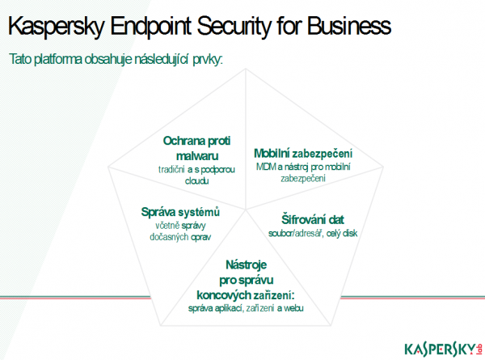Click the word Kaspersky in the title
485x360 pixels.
coord(56,26)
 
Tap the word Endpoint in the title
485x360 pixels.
coord(150,26)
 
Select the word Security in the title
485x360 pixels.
coord(234,26)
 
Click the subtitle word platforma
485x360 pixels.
coord(58,59)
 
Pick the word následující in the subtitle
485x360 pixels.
coord(162,59)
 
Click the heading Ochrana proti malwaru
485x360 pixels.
coord(196,148)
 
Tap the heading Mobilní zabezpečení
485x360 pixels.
coord(303,154)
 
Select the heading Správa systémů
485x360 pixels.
coord(180,212)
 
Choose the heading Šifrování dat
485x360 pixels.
coord(313,220)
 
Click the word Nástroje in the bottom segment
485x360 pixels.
coord(247,265)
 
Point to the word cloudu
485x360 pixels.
coord(196,180)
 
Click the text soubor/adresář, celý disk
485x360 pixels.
coord(313,234)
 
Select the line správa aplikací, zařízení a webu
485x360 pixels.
coord(246,308)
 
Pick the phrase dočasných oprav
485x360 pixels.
coord(180,237)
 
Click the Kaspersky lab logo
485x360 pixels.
coord(443,349)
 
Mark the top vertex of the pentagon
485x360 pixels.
coord(246,69)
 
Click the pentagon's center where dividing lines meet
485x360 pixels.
coord(246,210)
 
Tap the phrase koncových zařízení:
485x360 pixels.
coord(246,295)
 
